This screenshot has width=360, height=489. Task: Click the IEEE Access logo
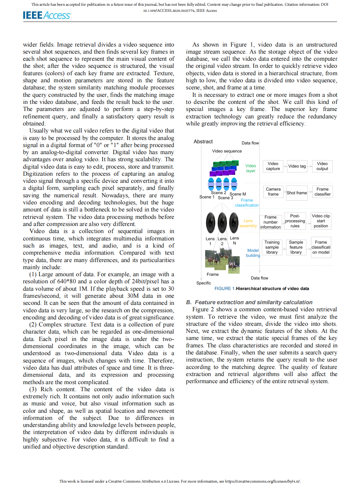47,15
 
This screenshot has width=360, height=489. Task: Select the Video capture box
273,166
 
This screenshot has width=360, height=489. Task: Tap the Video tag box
297,166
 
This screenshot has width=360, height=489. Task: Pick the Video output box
322,166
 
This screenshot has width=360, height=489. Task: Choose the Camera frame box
273,192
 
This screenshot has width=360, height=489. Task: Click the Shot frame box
297,193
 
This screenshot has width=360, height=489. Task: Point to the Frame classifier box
323,192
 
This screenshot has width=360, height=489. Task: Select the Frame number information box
271,222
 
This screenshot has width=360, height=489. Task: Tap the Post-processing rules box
295,221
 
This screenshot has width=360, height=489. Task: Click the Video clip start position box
321,221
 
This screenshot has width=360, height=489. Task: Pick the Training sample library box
272,247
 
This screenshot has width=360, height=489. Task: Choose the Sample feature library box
296,247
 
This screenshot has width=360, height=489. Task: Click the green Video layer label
251,168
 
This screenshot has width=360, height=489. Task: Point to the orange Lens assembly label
248,223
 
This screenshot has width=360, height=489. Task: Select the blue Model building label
253,253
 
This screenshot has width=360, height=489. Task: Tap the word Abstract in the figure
203,142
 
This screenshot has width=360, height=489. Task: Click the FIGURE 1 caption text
262,289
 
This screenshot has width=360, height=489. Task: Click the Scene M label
238,194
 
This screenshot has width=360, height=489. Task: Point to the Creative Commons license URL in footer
262,481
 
